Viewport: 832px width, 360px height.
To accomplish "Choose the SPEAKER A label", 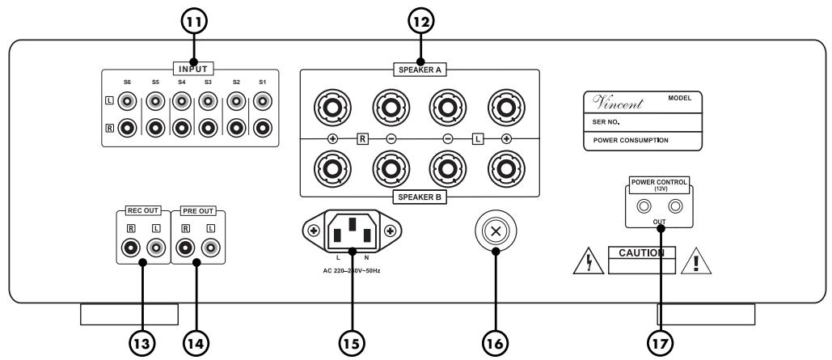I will tap(420, 70).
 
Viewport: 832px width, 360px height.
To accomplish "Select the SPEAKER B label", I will tap(420, 197).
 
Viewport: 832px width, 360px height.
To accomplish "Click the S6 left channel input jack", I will tap(127, 102).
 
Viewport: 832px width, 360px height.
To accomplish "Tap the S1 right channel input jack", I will tap(263, 127).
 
